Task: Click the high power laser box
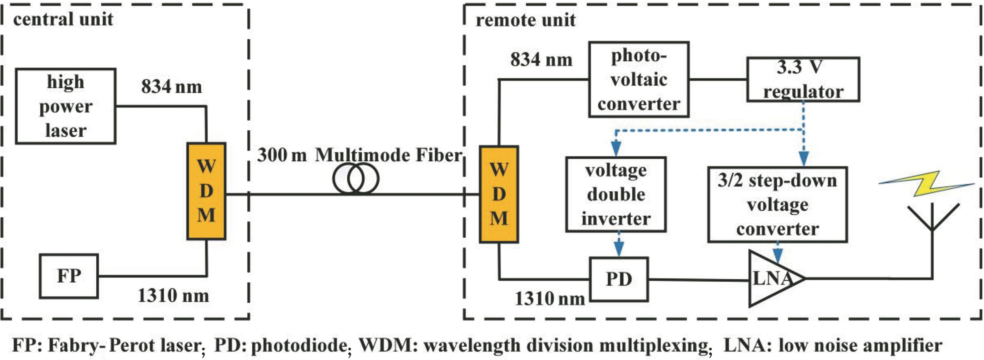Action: coord(66,106)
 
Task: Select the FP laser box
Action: coord(69,276)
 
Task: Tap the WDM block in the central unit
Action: coord(206,191)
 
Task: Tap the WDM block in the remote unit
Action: coord(499,194)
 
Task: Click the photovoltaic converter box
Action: coord(639,79)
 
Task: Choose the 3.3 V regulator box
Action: coord(803,79)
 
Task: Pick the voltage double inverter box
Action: coord(616,194)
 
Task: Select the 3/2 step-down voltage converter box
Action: coord(777,204)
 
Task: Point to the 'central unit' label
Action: coord(63,19)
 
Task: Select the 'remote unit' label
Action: coord(525,20)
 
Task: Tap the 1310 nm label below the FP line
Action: coord(173,295)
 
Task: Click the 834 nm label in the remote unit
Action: coord(541,60)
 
